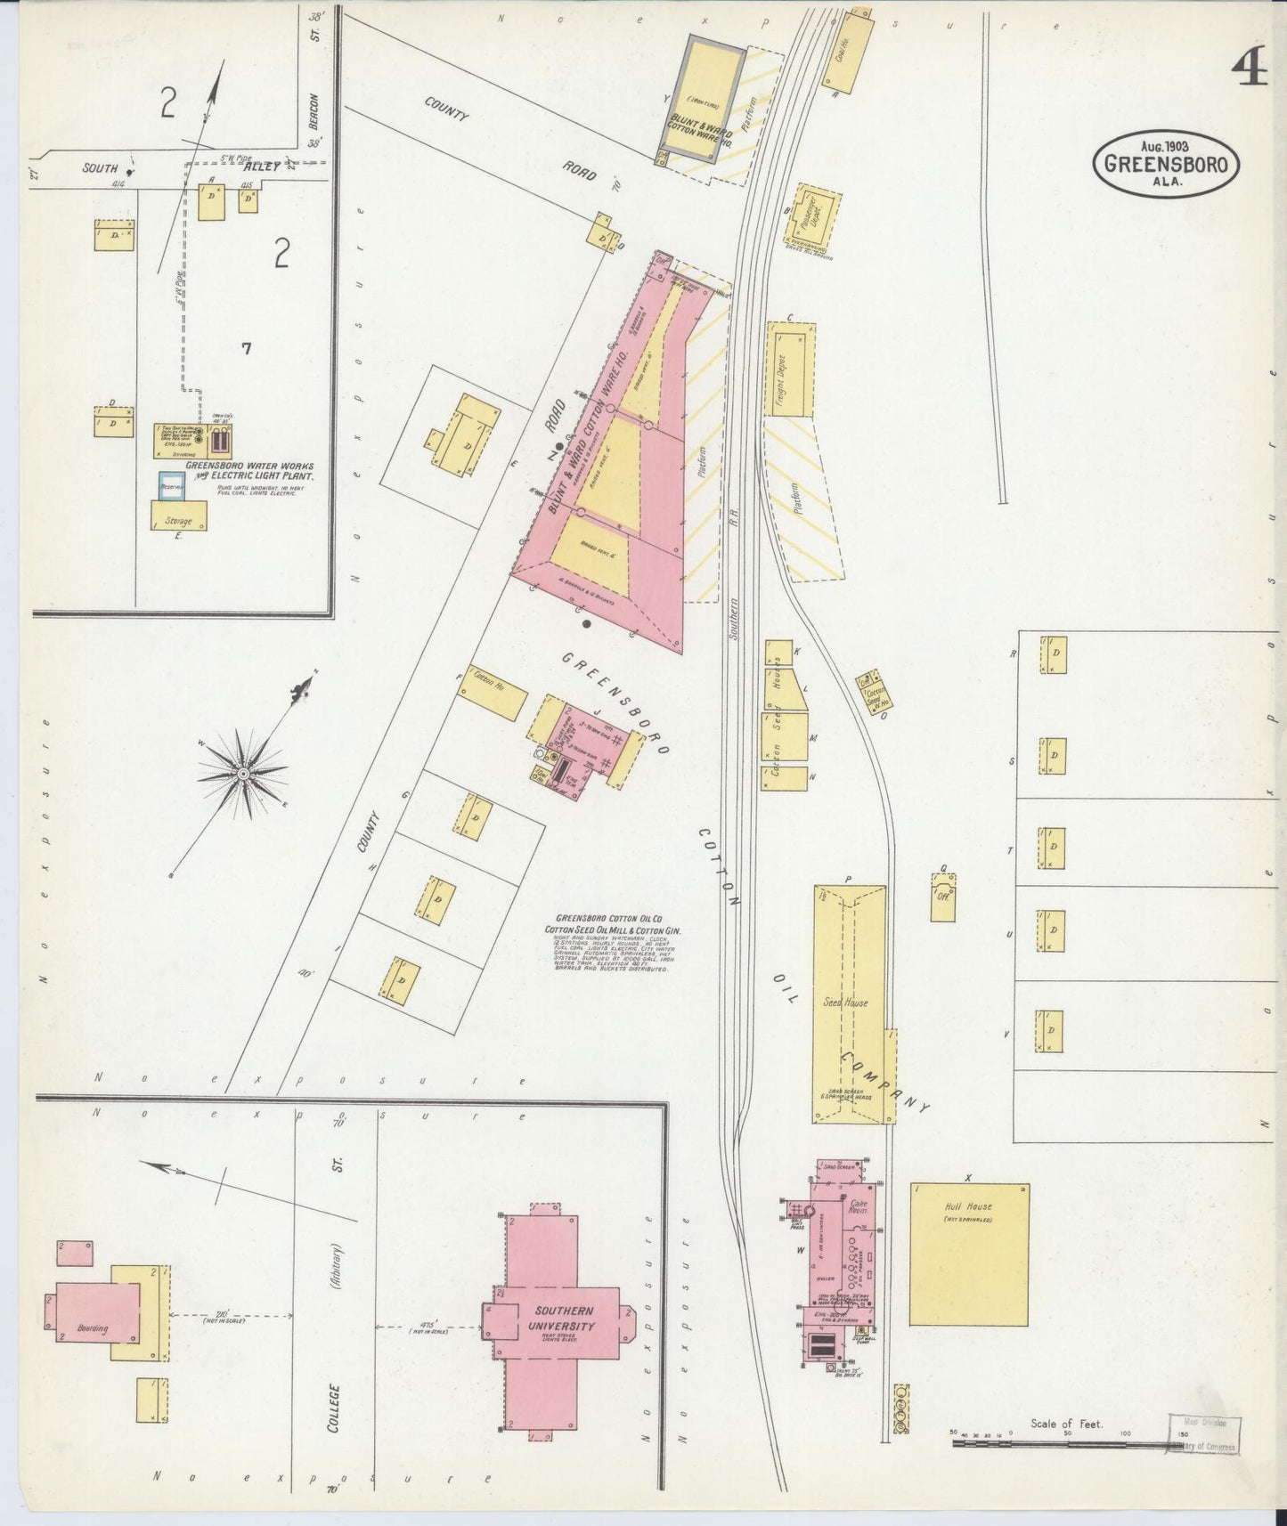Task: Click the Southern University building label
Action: point(564,1319)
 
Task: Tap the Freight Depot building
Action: point(791,369)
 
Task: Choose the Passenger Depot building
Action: point(811,216)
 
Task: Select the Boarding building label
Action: point(93,1328)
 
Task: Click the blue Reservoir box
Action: point(172,487)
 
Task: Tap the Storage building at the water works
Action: point(179,515)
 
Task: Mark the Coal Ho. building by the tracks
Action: point(845,54)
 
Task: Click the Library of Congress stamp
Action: point(1203,1434)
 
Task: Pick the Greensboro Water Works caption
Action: point(249,470)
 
